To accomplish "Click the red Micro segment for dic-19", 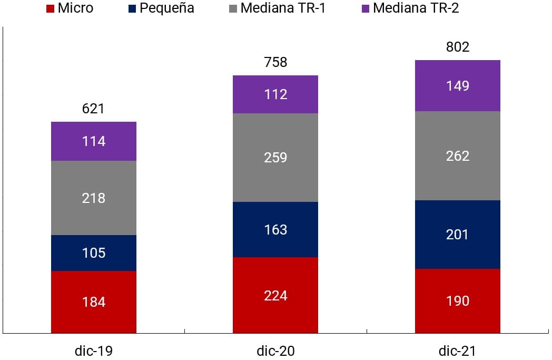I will click(94, 301).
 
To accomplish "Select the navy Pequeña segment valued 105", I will click(94, 253).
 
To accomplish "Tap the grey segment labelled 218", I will click(94, 198).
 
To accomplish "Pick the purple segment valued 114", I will click(94, 141).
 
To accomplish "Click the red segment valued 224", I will click(275, 295).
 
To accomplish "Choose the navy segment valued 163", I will click(275, 230).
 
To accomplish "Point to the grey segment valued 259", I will click(275, 158).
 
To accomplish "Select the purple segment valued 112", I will click(275, 94).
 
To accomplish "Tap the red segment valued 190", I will click(457, 301).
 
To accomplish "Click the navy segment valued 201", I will click(457, 235).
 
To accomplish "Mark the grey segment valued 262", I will click(457, 156).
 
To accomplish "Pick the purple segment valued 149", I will click(457, 86).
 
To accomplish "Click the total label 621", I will click(93, 109).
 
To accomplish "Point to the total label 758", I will click(275, 62).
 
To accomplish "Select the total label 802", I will click(457, 47).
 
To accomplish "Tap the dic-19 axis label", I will click(94, 350).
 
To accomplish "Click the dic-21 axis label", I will click(457, 350).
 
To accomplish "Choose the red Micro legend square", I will click(51, 9).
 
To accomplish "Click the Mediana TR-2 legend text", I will click(416, 8).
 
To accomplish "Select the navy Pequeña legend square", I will click(132, 9).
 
